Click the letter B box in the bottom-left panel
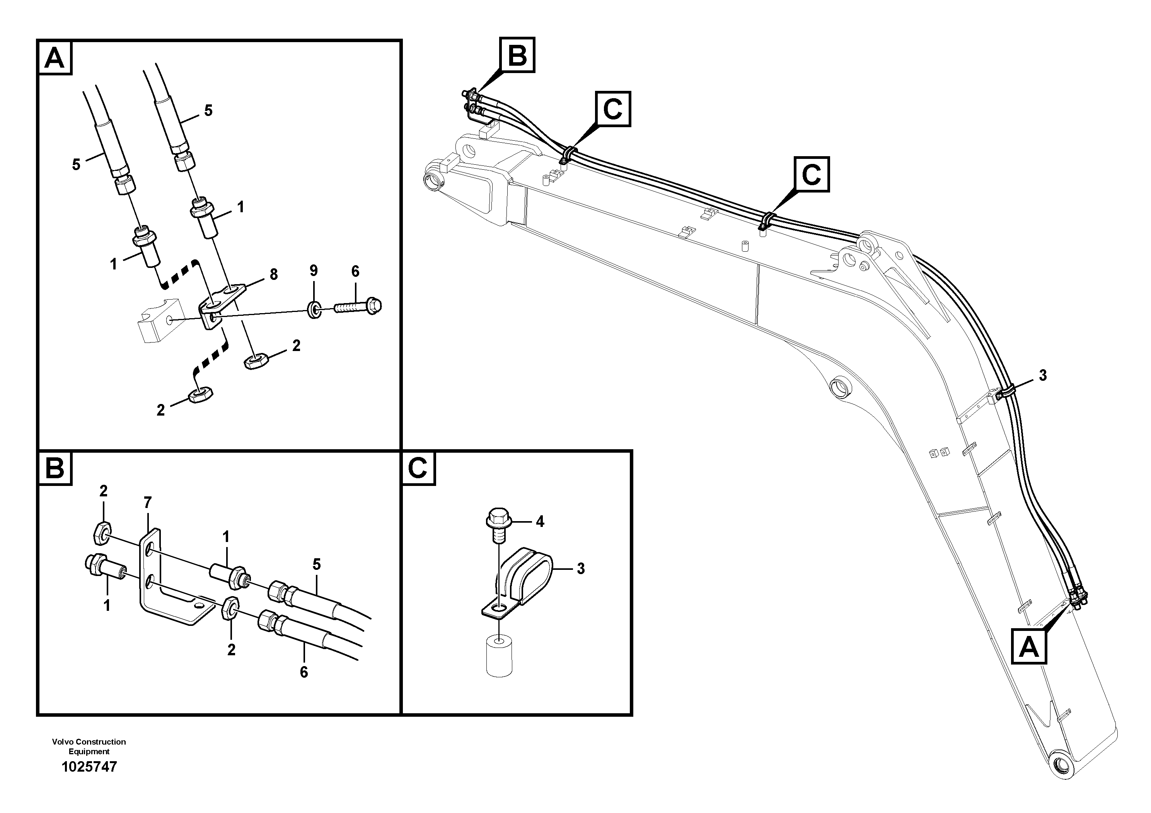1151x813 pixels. [x=55, y=469]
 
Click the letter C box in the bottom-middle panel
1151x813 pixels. [x=418, y=469]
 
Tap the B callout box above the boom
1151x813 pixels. [x=517, y=55]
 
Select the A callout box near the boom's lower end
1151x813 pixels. [x=1029, y=647]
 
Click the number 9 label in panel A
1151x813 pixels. [x=313, y=271]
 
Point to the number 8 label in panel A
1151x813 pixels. [x=274, y=274]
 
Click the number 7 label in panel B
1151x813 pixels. [x=147, y=502]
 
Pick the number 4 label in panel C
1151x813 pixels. [x=539, y=522]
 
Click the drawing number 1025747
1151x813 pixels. [x=89, y=767]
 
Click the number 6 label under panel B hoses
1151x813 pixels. [x=304, y=672]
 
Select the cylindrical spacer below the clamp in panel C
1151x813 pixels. [x=499, y=656]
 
